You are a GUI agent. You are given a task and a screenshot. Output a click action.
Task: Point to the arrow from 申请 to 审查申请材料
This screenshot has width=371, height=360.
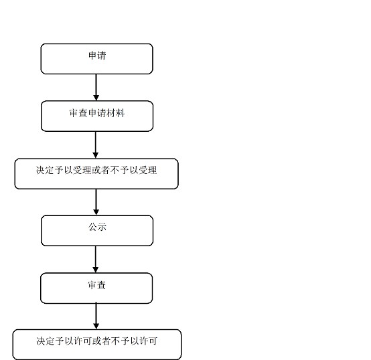96,88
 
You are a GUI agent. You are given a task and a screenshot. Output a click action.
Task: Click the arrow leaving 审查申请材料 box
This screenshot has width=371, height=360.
96,145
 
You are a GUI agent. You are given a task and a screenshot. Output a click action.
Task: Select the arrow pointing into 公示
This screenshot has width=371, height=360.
96,202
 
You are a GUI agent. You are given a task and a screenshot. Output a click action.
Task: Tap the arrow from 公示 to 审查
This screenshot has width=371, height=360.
96,260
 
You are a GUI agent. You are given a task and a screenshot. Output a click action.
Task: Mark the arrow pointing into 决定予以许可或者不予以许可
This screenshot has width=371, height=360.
96,316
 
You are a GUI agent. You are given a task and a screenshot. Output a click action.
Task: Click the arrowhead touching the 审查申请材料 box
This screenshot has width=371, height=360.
96,98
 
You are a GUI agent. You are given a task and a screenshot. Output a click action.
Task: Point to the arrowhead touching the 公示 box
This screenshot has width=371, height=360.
96,212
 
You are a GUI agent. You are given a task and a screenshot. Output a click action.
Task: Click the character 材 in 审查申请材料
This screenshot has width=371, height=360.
110,113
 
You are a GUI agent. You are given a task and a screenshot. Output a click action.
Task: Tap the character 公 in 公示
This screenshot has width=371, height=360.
92,227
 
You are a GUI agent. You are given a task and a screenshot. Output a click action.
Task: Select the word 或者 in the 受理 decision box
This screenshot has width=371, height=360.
101,170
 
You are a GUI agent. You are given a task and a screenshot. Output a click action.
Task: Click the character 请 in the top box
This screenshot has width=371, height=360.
102,56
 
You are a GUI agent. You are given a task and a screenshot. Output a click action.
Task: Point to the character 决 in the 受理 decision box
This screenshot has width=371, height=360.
41,170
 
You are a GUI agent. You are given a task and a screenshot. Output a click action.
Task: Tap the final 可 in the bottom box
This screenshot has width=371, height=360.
153,341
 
